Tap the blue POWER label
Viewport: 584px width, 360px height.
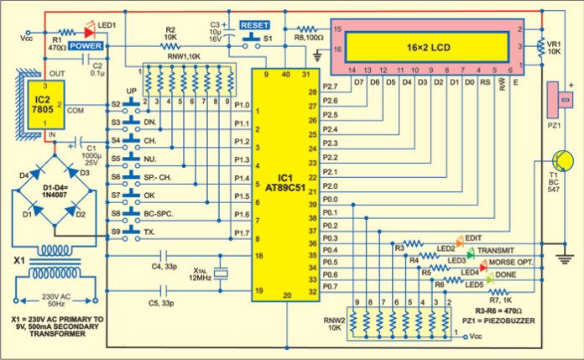(x=86, y=46)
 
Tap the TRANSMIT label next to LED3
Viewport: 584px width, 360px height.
(x=501, y=249)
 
